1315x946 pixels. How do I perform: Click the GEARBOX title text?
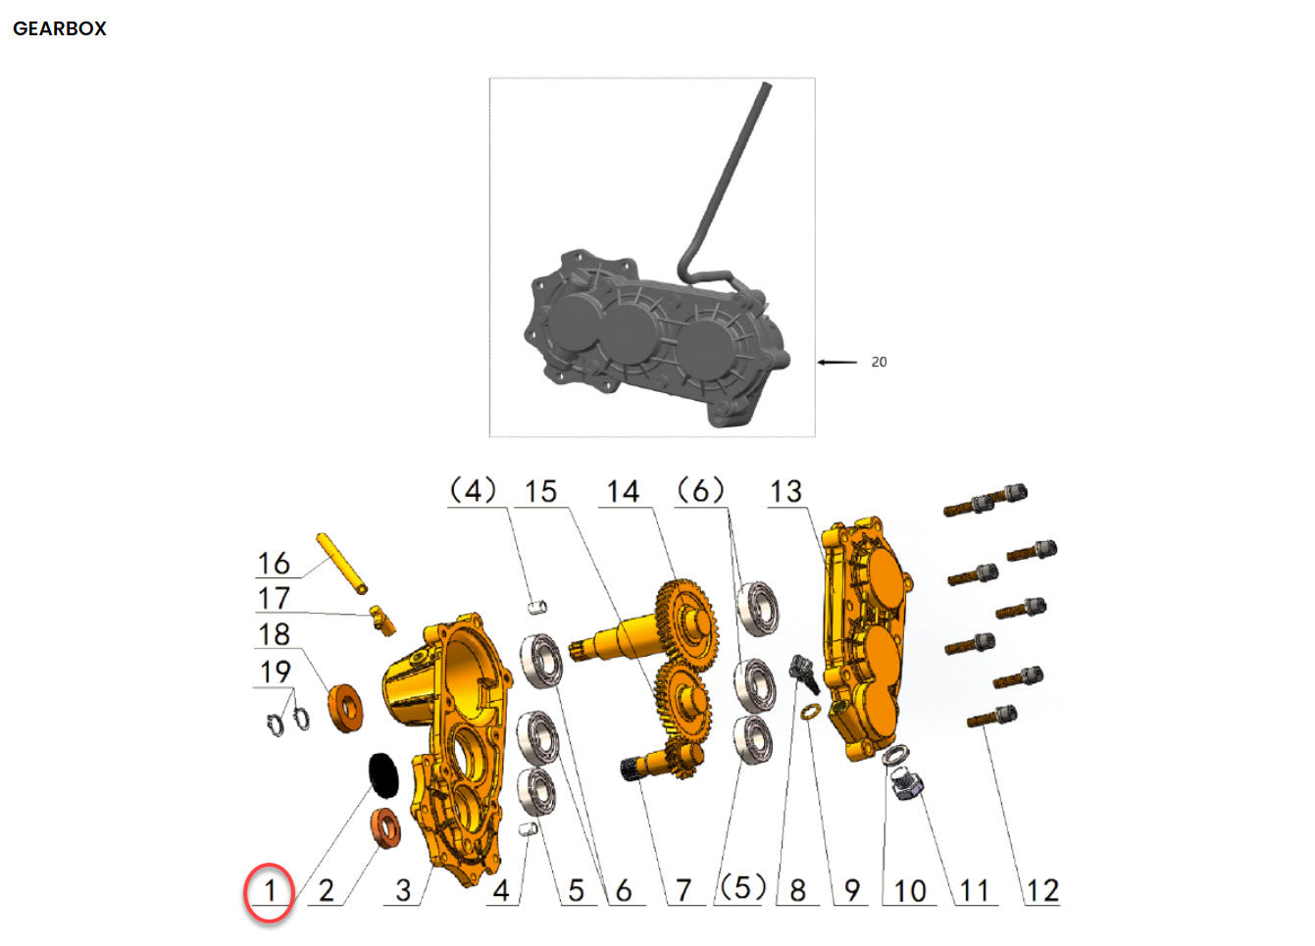pyautogui.click(x=60, y=28)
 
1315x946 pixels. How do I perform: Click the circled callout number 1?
pyautogui.click(x=270, y=891)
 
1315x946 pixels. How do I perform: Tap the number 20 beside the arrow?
pyautogui.click(x=879, y=362)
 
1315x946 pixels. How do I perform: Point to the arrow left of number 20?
pyautogui.click(x=836, y=362)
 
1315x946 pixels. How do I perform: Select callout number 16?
pyautogui.click(x=274, y=564)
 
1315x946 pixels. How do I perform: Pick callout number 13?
pyautogui.click(x=785, y=491)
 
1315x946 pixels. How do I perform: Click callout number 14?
pyautogui.click(x=623, y=491)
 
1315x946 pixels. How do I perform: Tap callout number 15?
pyautogui.click(x=540, y=491)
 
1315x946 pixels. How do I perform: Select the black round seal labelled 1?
pyautogui.click(x=384, y=772)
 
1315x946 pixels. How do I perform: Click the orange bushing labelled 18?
pyautogui.click(x=345, y=707)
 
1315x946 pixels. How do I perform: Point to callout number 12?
pyautogui.click(x=1041, y=891)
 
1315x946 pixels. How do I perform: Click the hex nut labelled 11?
pyautogui.click(x=904, y=783)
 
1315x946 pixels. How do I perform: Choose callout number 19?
pyautogui.click(x=276, y=672)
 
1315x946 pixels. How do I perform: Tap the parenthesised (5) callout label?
pyautogui.click(x=742, y=887)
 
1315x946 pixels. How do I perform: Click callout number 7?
pyautogui.click(x=683, y=891)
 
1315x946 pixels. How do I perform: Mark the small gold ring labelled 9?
pyautogui.click(x=810, y=711)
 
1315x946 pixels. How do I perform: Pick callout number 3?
pyautogui.click(x=403, y=891)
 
